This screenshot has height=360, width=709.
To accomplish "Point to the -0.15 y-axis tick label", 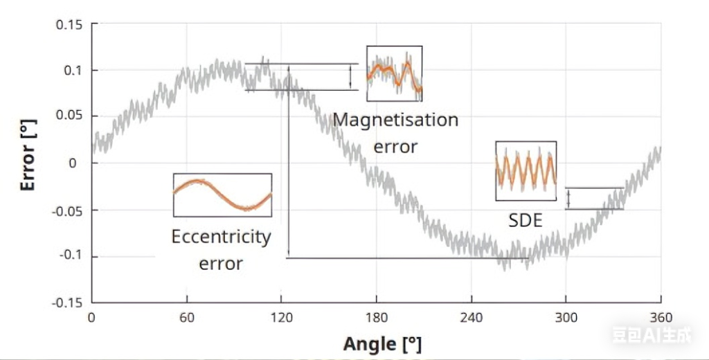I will (67, 303).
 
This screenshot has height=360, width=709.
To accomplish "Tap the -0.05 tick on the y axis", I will (67, 210).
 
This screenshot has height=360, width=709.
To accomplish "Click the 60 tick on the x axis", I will (187, 318).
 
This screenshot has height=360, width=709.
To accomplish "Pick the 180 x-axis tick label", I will (376, 318).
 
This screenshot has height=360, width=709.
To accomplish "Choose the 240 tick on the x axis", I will (472, 318).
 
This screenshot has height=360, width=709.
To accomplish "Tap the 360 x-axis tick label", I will (661, 318).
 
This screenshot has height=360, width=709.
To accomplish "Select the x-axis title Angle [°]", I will (382, 343).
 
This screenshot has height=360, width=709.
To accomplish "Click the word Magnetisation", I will (395, 120).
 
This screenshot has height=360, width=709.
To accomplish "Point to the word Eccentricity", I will (221, 237).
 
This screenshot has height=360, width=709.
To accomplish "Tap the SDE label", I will (525, 220).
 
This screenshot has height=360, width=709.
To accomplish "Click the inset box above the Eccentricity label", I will (222, 195).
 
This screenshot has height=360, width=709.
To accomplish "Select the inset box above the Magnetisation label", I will (394, 73).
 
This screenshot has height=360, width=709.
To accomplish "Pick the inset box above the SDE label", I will (526, 171).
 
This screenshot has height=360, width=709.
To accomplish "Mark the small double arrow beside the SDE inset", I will (568, 199).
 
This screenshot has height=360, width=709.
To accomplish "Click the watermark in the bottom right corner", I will (651, 337).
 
